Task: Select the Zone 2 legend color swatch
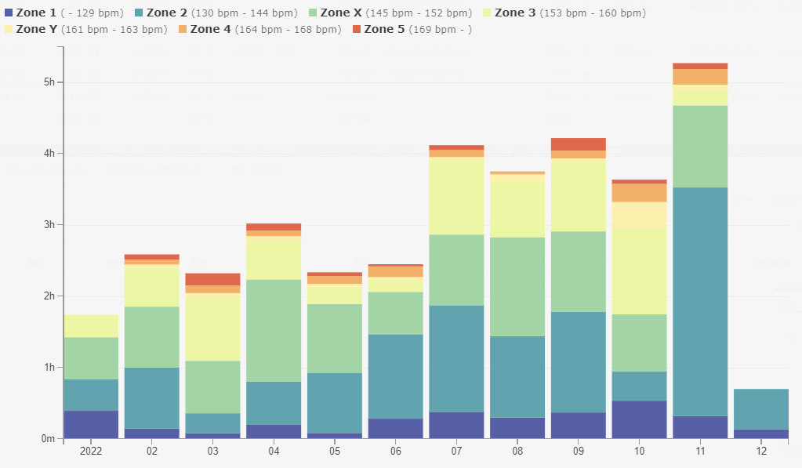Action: (x=140, y=13)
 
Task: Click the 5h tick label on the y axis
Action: (x=49, y=82)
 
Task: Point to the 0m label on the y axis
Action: (x=48, y=439)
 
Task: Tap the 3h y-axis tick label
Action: (x=49, y=225)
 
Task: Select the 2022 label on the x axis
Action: (x=91, y=452)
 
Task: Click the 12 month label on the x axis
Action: (x=761, y=452)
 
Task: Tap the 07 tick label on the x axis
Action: (x=456, y=452)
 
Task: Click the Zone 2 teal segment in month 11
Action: (x=700, y=302)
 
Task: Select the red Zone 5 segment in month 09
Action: (x=579, y=144)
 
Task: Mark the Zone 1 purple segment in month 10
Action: (x=639, y=419)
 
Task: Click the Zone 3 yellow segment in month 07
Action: (x=456, y=196)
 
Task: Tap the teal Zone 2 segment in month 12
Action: (x=761, y=408)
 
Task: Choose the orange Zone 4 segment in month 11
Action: (x=700, y=77)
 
